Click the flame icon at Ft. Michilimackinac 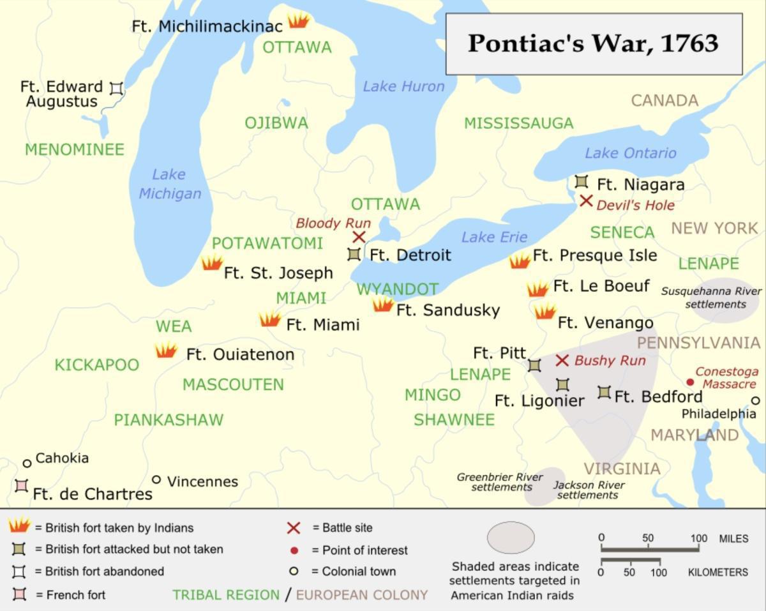point(298,20)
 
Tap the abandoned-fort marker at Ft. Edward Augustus point(116,88)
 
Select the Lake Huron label point(403,86)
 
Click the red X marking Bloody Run point(359,238)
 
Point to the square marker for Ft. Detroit point(354,254)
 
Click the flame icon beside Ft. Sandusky point(382,305)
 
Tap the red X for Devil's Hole point(586,200)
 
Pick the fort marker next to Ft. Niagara point(581,181)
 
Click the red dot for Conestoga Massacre point(690,382)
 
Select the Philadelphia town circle point(756,401)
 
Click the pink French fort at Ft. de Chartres point(21,486)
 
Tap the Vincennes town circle point(156,479)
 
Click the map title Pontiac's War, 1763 point(593,43)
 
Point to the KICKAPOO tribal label point(96,365)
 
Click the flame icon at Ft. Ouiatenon point(166,351)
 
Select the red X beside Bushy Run point(562,361)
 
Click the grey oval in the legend point(511,537)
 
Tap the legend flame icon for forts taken point(19,525)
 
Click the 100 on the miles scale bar point(699,538)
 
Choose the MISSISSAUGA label point(518,123)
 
